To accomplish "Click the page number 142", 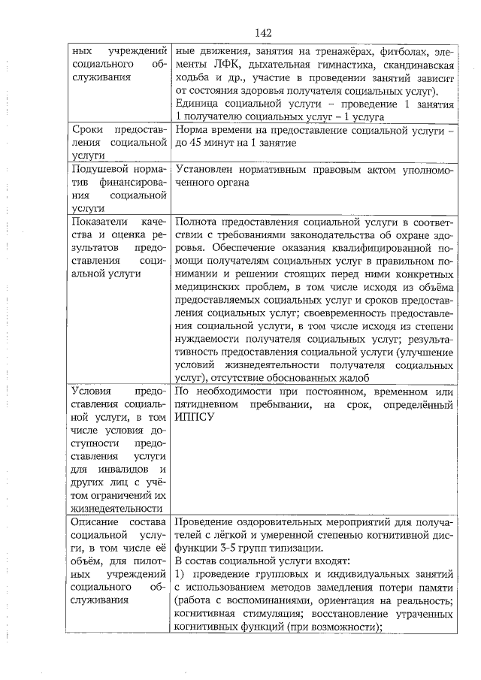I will [262, 32].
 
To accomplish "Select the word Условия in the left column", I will [92, 391].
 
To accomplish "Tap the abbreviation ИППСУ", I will [191, 419].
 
